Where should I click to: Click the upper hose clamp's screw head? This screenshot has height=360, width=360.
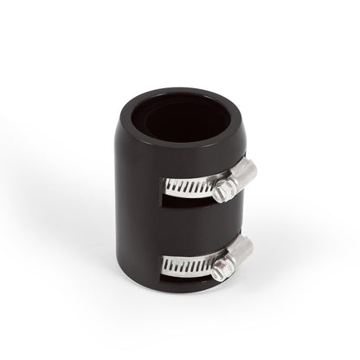coord(226,188)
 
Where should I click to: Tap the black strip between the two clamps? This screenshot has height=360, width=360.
coord(190,222)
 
